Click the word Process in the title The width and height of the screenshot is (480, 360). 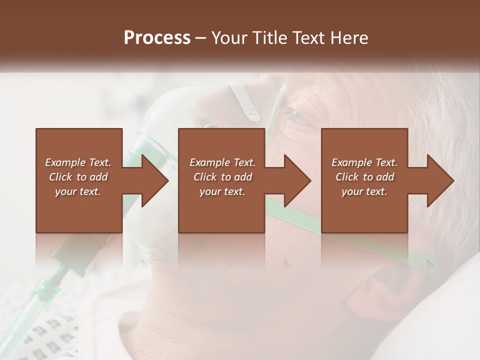(157, 38)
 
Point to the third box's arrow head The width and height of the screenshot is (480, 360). (439, 180)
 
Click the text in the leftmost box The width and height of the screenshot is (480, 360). (78, 177)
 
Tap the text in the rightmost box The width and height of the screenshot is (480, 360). (364, 177)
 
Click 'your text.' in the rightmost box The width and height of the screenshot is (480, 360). (364, 191)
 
